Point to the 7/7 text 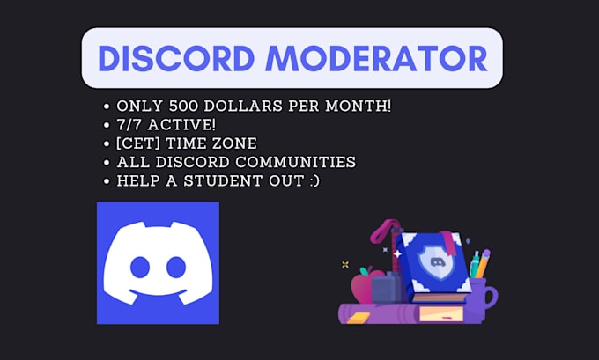tap(129, 125)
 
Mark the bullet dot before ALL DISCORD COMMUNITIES tap(107, 163)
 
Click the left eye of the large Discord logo tap(141, 268)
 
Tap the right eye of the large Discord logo tap(174, 268)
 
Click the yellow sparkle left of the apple tap(345, 263)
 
